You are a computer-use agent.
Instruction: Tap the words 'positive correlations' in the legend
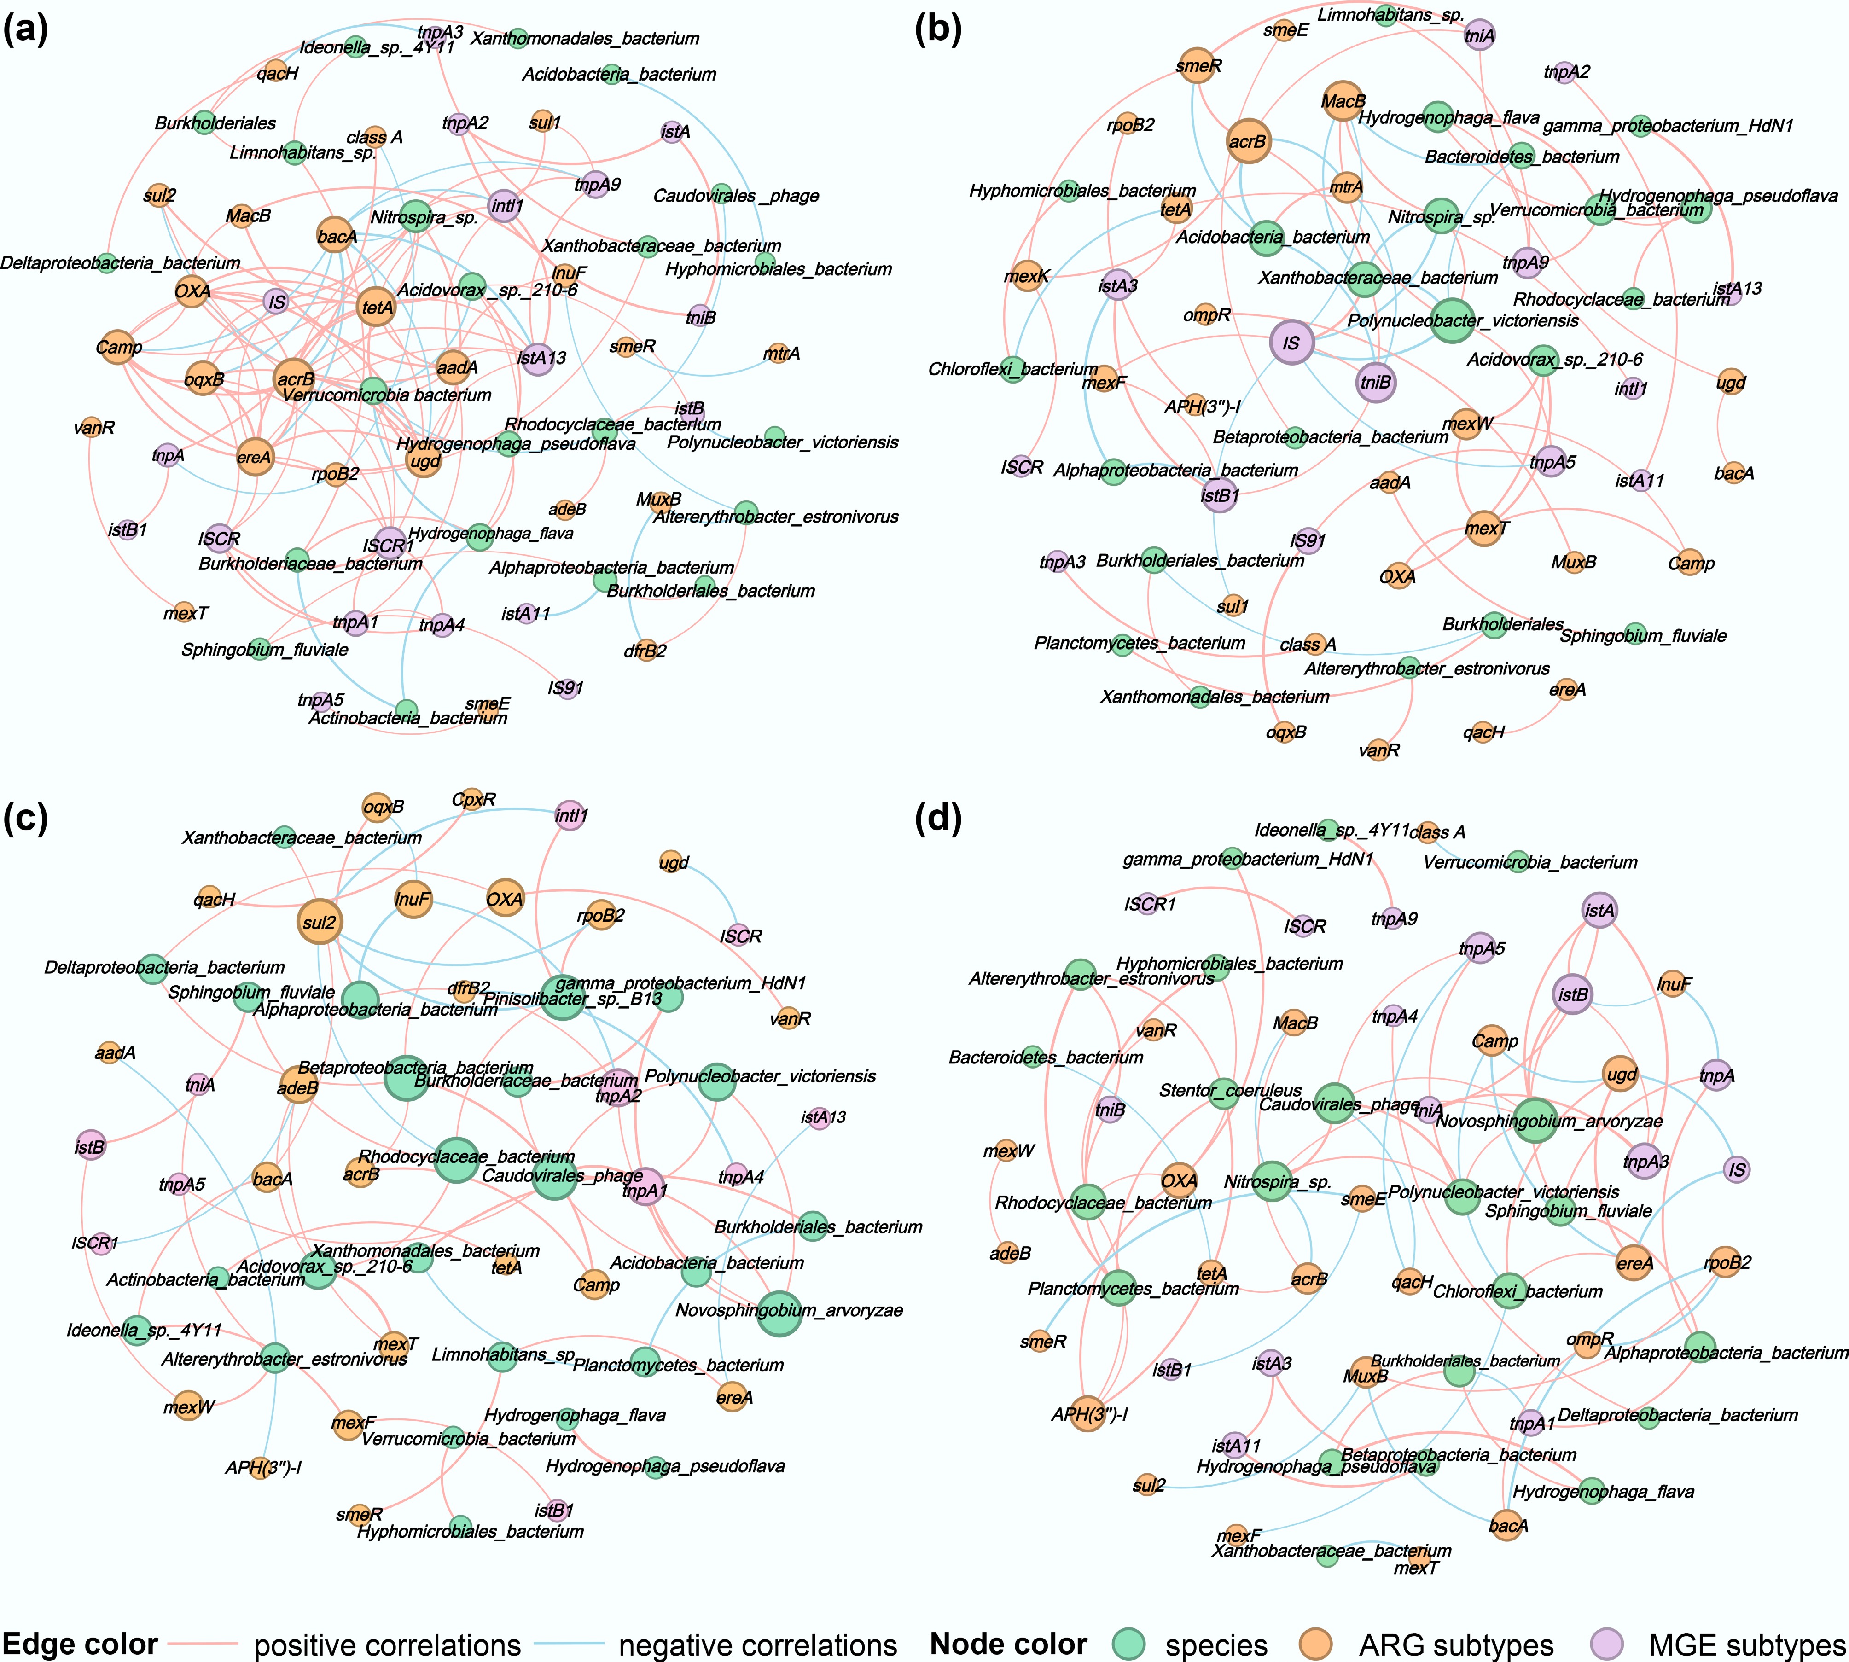click(387, 1645)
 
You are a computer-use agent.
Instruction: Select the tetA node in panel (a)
click(377, 308)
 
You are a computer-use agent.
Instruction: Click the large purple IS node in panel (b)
click(1291, 343)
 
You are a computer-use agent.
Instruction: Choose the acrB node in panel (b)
click(1248, 141)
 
